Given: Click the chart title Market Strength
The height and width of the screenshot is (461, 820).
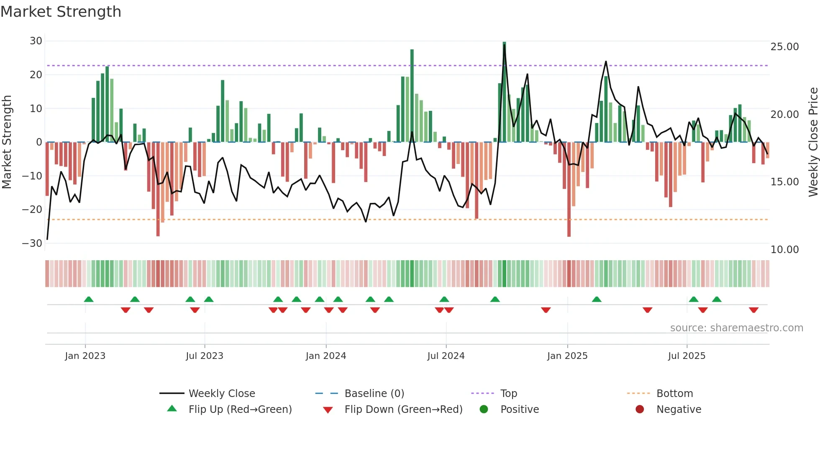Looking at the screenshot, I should coord(61,12).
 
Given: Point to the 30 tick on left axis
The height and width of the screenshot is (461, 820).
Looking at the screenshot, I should coord(36,41).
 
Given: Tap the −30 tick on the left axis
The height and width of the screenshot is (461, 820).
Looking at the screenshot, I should coord(32,243).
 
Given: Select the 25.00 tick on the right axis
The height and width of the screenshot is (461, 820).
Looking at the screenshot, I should coord(784,47).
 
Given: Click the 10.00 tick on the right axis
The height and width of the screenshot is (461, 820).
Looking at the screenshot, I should coord(784,250).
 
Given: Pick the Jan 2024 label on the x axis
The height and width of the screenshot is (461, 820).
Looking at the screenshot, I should coord(325,356).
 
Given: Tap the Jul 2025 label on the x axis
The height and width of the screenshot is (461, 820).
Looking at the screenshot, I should coord(687,356).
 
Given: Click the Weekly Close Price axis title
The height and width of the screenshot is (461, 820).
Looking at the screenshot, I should coord(813,142).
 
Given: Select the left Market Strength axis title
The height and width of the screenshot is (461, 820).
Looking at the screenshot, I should coord(7,142).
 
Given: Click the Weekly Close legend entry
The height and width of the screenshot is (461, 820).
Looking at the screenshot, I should coord(221,394).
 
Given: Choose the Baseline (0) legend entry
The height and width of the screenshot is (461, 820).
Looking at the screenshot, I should coord(374,394).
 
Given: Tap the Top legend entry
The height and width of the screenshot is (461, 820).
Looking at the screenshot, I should coord(508,394).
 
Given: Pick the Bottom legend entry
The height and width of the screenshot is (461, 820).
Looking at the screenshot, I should coord(674,394).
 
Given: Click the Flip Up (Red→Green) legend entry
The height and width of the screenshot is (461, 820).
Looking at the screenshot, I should coord(240,410).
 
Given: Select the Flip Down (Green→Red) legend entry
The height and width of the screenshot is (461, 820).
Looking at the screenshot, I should coord(403,410).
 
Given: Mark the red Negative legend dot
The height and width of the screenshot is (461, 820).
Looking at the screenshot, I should coord(640,410).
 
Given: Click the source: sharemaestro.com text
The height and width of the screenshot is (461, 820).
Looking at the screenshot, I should coord(736,328).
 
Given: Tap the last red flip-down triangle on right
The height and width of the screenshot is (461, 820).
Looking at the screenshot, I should coord(753,310).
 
